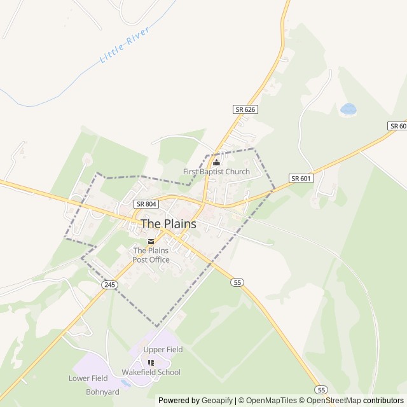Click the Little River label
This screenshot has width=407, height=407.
125,45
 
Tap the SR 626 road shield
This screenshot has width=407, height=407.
245,109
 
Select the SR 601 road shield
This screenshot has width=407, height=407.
301,178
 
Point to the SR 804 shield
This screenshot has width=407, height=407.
145,204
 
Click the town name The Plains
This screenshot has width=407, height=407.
169,224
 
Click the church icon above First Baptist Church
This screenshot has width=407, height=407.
216,162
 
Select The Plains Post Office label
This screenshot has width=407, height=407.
151,255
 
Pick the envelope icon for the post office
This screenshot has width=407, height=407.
151,241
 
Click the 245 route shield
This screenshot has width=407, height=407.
109,285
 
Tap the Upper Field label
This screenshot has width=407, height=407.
163,350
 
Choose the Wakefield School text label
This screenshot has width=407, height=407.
151,373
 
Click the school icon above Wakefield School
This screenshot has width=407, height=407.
151,362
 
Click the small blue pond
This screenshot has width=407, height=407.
348,109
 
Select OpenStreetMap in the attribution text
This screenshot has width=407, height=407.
333,401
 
